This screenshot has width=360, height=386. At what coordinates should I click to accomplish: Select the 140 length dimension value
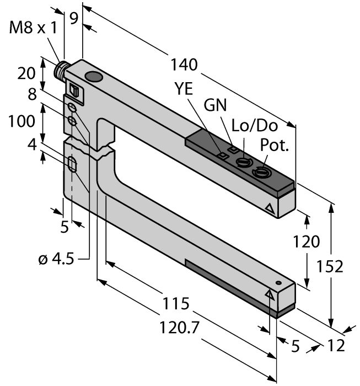pos(185,65)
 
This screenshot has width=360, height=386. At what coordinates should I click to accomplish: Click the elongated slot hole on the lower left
pos(72,164)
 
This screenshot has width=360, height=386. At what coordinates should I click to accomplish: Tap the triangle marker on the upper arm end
pos(269,208)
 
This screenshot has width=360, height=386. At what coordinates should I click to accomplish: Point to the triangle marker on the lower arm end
pos(270,294)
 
